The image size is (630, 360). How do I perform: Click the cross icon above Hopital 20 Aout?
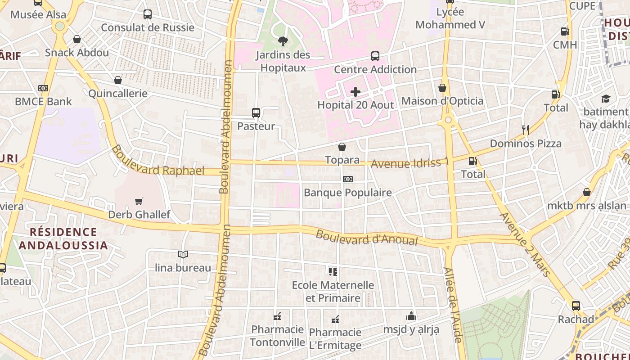355,92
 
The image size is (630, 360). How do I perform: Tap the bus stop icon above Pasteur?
256,113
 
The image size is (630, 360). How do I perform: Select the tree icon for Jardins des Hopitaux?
283,42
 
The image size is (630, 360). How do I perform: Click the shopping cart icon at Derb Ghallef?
139,202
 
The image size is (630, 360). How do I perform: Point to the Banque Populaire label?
348,193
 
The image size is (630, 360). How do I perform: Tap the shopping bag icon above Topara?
342,147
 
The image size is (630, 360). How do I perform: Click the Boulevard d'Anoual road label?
367,238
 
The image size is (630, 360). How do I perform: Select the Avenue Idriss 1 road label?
409,163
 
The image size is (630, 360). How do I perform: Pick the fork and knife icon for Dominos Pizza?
525,130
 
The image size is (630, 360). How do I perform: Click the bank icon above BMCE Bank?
43,88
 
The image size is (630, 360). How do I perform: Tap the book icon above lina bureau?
183,255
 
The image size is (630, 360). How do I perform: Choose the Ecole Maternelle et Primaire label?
333,292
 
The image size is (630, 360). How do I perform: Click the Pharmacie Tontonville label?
277,336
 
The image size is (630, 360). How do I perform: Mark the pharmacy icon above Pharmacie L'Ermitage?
335,319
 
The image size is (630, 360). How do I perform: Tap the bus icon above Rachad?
576,306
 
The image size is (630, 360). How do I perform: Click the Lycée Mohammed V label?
450,18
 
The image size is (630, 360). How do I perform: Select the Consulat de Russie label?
148,27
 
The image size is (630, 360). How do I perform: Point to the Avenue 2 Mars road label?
525,244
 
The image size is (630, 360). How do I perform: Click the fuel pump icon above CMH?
565,31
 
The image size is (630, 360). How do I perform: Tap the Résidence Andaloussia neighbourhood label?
63,238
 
